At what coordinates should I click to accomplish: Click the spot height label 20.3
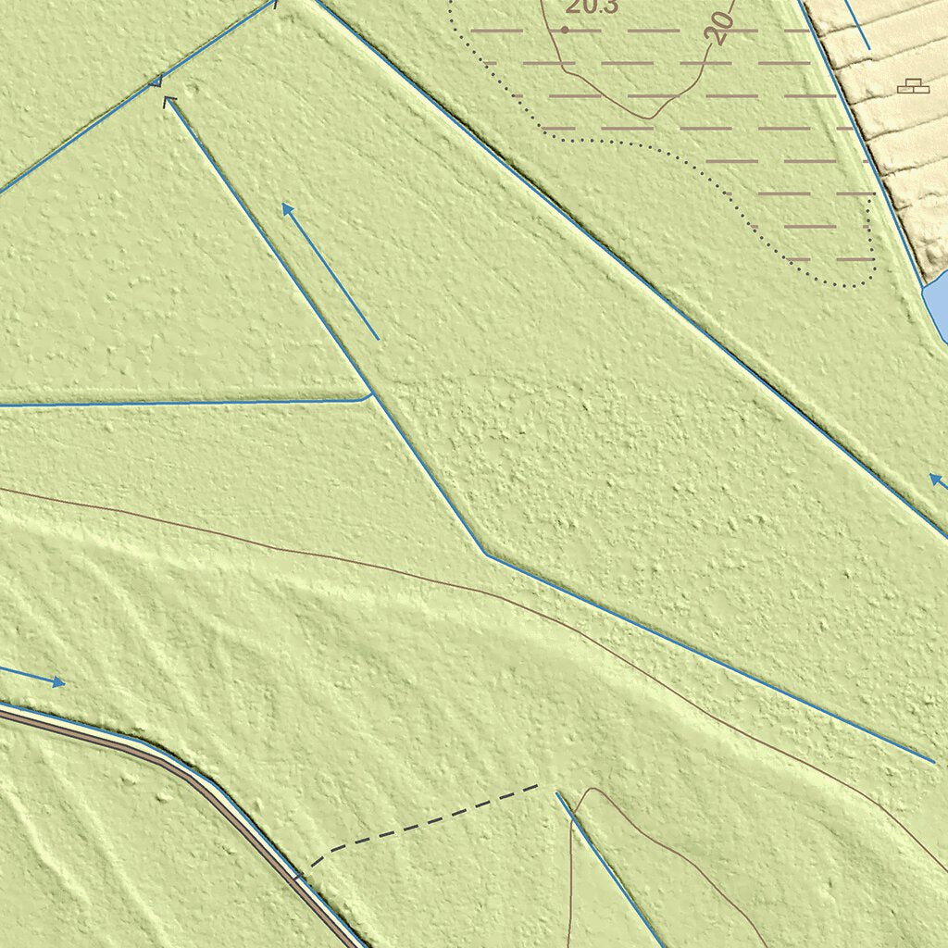(592, 8)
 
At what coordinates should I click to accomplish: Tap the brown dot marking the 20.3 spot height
(565, 30)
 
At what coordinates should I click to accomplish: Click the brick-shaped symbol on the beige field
(914, 86)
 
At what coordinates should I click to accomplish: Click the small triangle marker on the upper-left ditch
(156, 82)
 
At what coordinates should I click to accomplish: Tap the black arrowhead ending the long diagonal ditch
(170, 101)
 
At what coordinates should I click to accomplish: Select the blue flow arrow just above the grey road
(37, 677)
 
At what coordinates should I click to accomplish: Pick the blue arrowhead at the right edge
(936, 480)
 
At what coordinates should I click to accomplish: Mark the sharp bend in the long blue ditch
(485, 553)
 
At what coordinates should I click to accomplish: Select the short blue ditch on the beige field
(856, 24)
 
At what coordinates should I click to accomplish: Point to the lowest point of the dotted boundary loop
(838, 284)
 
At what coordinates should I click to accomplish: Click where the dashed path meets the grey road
(298, 876)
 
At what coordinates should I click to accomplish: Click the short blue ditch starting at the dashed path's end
(606, 866)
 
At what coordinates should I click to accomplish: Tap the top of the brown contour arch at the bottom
(591, 790)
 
